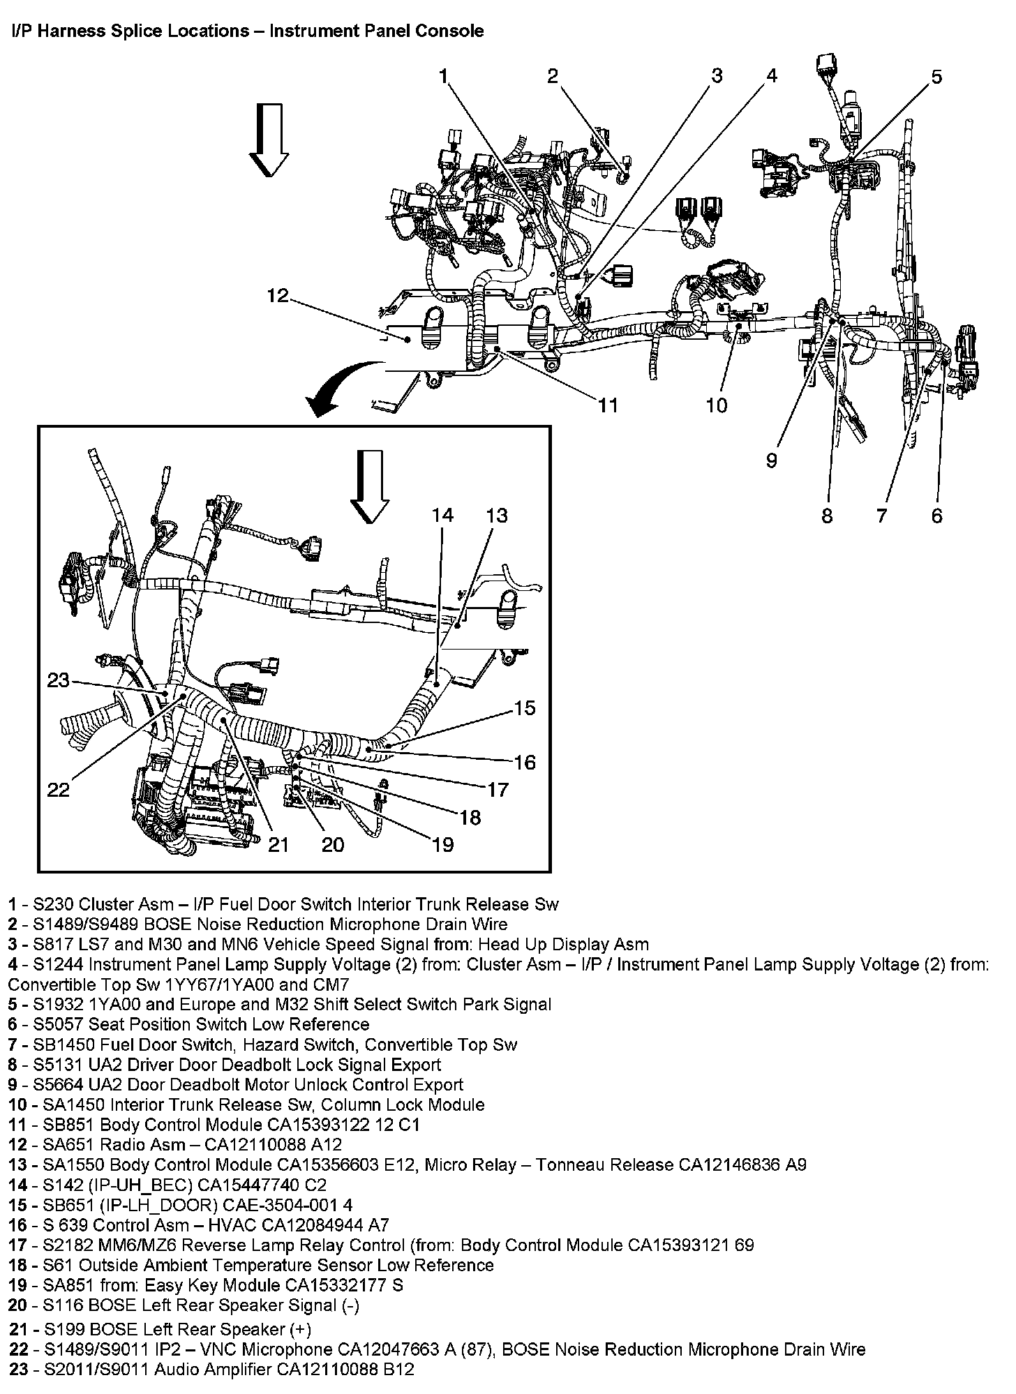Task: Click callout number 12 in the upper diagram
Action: (277, 296)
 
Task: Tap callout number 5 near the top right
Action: (936, 77)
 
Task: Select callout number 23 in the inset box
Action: (59, 679)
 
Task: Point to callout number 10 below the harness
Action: (716, 405)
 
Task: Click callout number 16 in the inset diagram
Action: (525, 762)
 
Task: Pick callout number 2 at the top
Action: (553, 75)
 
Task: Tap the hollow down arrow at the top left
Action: (270, 139)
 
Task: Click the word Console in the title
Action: (452, 31)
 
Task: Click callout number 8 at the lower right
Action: (827, 516)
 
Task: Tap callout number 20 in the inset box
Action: (333, 845)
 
